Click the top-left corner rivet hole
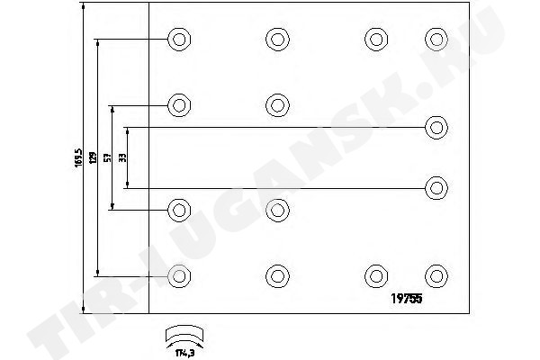pyautogui.click(x=179, y=39)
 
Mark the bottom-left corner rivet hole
pyautogui.click(x=179, y=274)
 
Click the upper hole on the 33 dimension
pyautogui.click(x=436, y=126)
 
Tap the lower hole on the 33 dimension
pyautogui.click(x=436, y=187)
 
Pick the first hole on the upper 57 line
pyautogui.click(x=179, y=104)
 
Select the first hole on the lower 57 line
pyautogui.click(x=179, y=210)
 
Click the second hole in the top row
pyautogui.click(x=276, y=39)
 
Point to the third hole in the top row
pyautogui.click(x=374, y=39)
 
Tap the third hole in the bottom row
pyautogui.click(x=374, y=274)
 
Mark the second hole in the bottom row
pyautogui.click(x=276, y=274)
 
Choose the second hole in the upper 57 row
pyautogui.click(x=276, y=104)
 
